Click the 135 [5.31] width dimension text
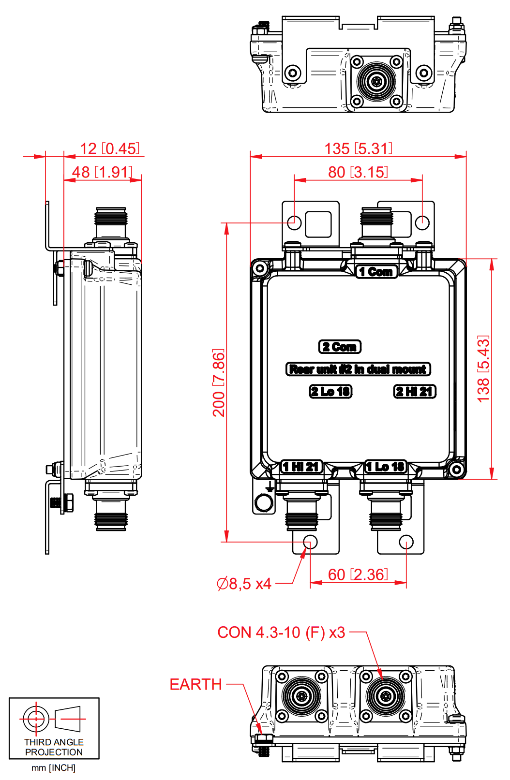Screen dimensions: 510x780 [358, 148]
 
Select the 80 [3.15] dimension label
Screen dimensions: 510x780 [358, 172]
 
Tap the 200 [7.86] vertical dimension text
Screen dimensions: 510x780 [219, 383]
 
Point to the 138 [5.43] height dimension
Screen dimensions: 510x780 [483, 369]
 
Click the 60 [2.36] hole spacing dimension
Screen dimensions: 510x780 [358, 574]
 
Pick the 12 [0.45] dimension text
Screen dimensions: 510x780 [110, 148]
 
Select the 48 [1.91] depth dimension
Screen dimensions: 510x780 [103, 172]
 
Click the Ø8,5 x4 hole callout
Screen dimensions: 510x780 [244, 584]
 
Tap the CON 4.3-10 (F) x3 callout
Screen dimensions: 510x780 [281, 633]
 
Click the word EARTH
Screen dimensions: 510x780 [196, 685]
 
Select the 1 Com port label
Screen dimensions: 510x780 [376, 272]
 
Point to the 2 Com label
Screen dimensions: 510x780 [340, 347]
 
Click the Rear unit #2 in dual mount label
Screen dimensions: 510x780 [358, 369]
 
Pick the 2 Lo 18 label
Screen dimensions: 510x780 [330, 391]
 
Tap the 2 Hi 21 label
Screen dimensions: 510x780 [415, 391]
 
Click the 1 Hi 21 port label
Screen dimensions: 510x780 [301, 467]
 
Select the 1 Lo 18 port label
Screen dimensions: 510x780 [386, 467]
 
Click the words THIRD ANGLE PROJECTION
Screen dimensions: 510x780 [54, 747]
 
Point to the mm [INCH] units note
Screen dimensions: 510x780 [54, 767]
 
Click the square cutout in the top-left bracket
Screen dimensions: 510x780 [318, 224]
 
